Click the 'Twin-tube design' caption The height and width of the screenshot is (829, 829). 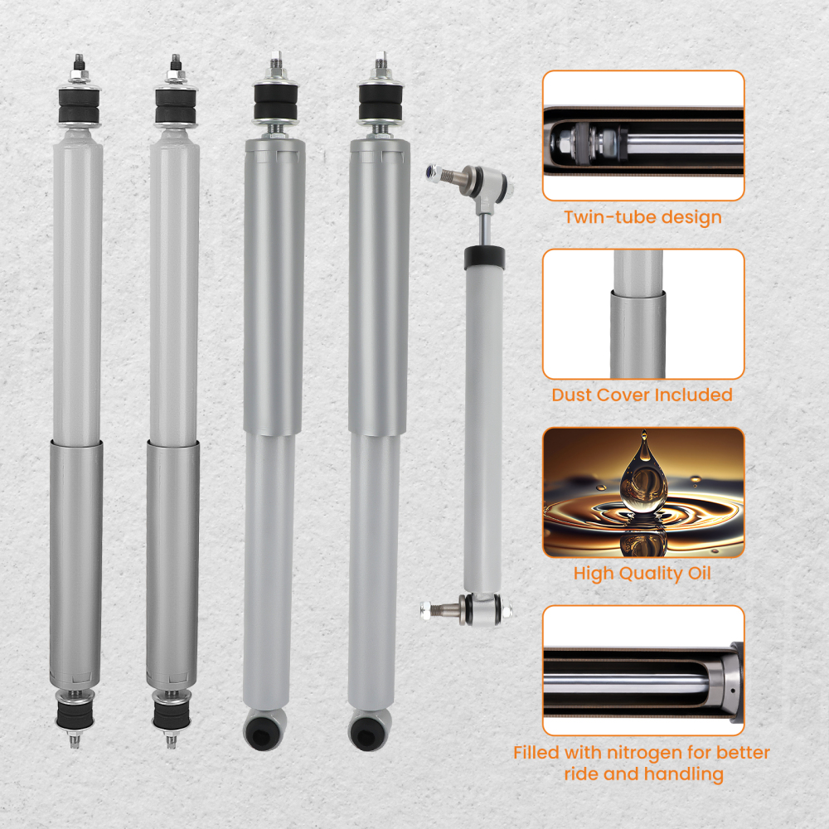pos(642,218)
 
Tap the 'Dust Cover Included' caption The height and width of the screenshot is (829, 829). pos(642,395)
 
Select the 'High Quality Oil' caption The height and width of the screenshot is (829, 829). pos(642,573)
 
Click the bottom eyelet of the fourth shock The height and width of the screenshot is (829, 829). pos(368,730)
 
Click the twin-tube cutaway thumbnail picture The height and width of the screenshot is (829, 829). pos(643,135)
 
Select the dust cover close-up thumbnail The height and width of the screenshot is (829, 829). pos(643,314)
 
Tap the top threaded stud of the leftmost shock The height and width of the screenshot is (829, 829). pos(79,63)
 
